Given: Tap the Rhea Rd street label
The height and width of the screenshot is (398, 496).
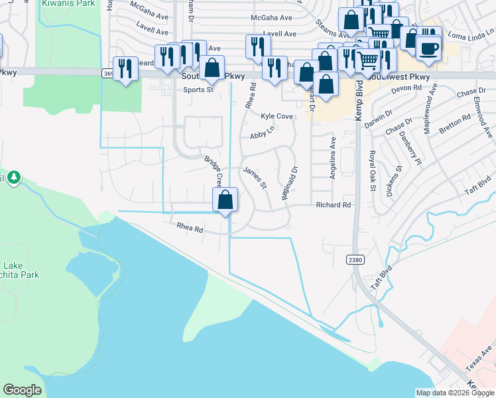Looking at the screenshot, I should point(189,226).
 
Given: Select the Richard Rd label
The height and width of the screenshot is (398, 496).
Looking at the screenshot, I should point(332,205).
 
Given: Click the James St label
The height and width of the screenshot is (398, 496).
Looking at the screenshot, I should point(255,177).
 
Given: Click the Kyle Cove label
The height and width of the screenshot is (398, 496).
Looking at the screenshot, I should point(277,116).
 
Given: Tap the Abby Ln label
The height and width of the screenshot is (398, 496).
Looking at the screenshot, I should point(262,135).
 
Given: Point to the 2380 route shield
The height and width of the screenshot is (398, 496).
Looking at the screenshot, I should point(355,260).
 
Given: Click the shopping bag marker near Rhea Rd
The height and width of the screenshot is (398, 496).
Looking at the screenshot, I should point(225,200).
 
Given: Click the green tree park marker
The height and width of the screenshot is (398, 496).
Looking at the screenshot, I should point(14,178).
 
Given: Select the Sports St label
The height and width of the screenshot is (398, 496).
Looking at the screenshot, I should point(198,90).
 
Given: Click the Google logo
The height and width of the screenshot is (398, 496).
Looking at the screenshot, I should point(22,390).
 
